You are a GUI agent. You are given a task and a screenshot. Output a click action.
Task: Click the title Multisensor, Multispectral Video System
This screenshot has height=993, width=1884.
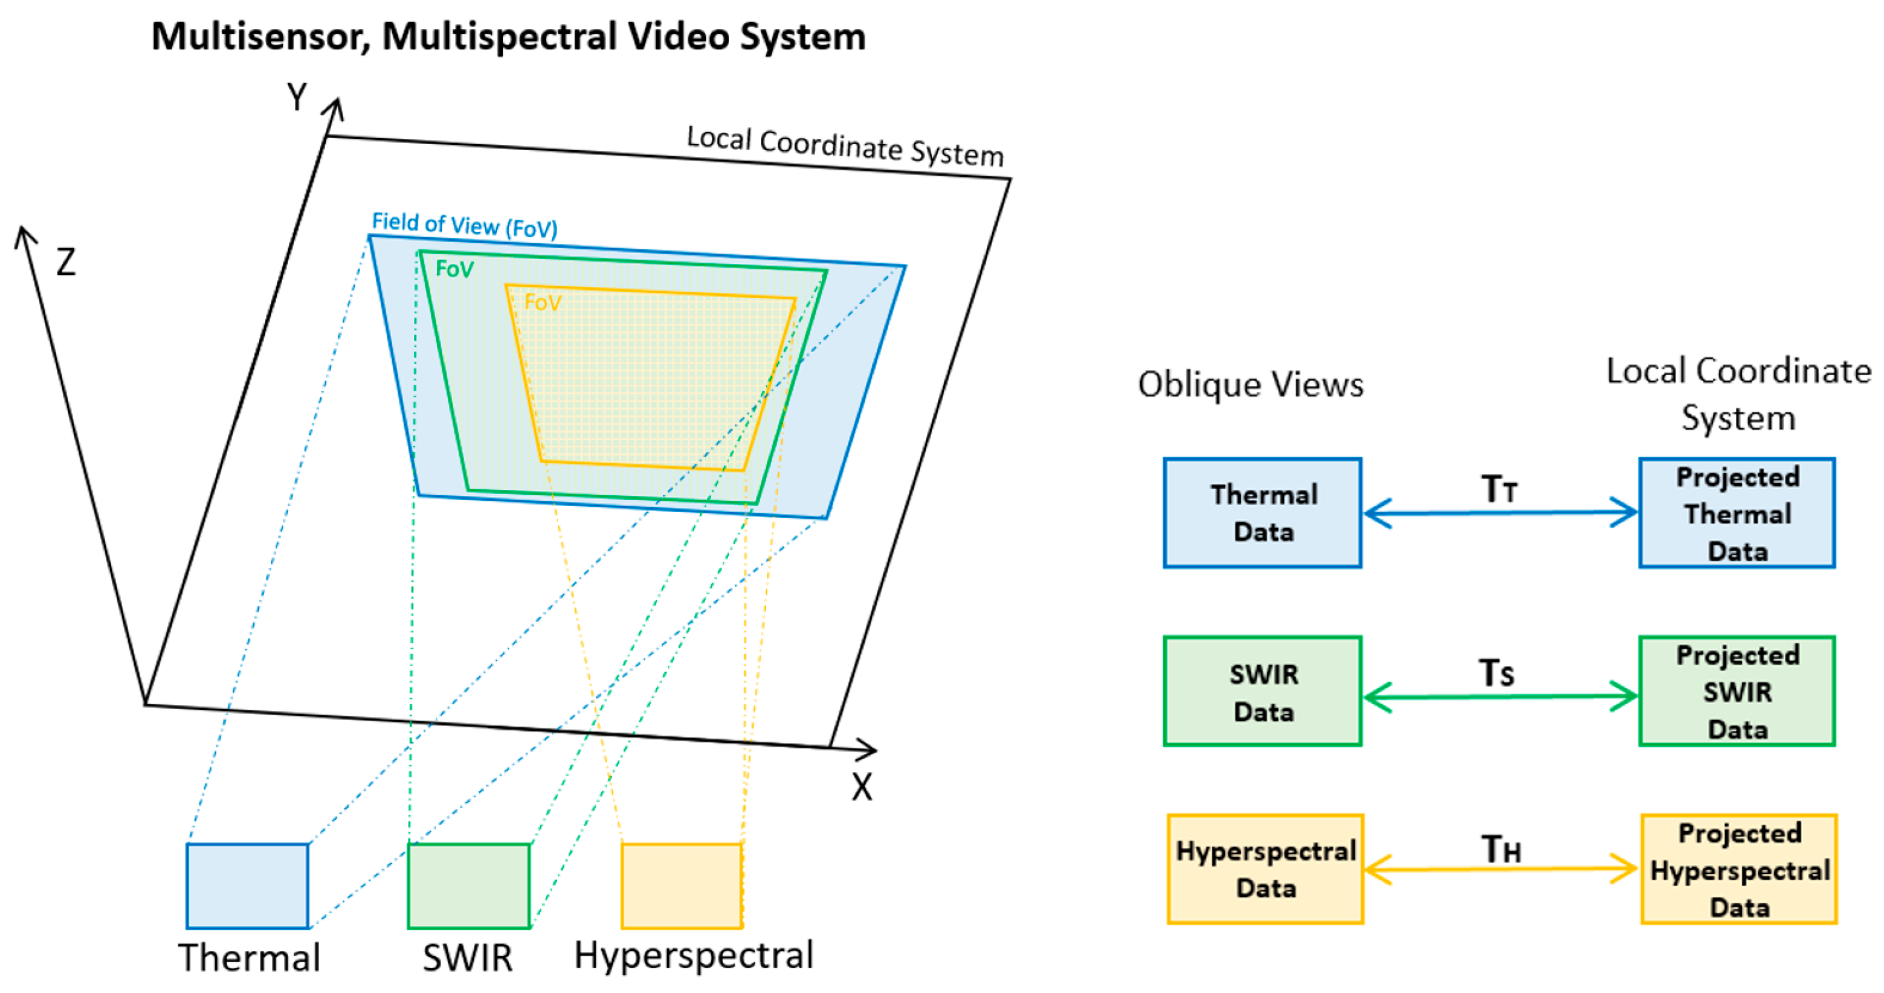(x=508, y=37)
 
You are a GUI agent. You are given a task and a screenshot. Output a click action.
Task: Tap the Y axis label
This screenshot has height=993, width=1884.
(x=297, y=98)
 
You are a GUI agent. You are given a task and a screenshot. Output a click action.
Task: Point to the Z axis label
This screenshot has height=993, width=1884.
(x=66, y=262)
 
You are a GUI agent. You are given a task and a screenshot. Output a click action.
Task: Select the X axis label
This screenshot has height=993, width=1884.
(x=862, y=787)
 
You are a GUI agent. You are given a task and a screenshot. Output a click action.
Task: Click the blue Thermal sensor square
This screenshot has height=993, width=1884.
(x=247, y=885)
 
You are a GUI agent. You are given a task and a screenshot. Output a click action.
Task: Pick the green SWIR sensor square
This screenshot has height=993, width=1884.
(x=468, y=885)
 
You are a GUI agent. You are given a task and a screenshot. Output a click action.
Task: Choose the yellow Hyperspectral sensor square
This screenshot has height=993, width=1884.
(x=682, y=885)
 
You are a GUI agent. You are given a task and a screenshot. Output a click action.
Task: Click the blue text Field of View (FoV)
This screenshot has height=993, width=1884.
(x=464, y=224)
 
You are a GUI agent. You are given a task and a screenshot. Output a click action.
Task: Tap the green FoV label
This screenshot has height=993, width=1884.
(x=454, y=269)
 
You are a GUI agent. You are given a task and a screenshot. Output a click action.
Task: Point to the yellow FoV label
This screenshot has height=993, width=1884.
(x=542, y=303)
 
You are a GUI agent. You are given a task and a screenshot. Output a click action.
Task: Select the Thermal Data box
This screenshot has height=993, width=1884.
(x=1262, y=513)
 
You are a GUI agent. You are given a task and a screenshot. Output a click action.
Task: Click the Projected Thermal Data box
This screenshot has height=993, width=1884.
(x=1737, y=513)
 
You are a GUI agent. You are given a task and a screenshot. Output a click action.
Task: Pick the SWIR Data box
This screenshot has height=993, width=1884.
(x=1262, y=691)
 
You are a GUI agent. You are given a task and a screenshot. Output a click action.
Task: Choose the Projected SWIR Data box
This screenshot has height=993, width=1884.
(x=1737, y=691)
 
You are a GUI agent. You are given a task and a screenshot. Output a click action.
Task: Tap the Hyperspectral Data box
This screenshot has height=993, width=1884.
(x=1265, y=869)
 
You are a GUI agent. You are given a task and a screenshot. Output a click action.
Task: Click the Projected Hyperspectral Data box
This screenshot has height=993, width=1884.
(x=1739, y=869)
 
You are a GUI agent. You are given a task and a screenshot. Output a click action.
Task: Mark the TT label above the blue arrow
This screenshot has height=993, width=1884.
(x=1499, y=488)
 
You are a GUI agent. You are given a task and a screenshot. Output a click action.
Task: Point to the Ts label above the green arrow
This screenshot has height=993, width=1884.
(x=1496, y=673)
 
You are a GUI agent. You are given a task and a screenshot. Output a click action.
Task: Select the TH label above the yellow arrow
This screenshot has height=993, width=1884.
(x=1501, y=849)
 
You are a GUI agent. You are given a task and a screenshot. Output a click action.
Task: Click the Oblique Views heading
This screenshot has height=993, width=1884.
(x=1251, y=385)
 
